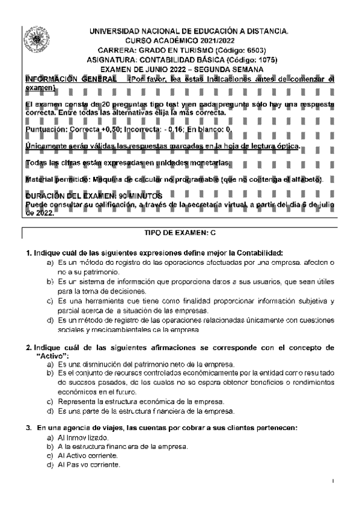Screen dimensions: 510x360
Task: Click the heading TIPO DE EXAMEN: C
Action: [180, 232]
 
